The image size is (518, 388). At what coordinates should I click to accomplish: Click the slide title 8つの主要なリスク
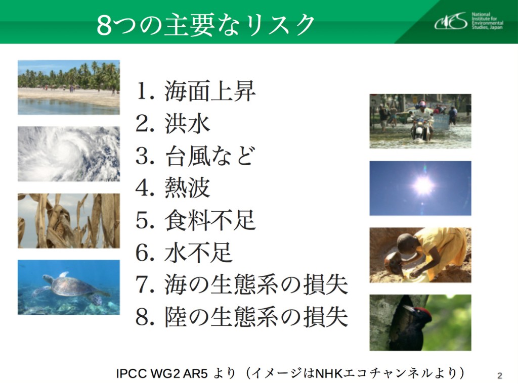coord(205,25)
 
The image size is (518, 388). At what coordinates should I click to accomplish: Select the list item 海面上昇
coord(210,91)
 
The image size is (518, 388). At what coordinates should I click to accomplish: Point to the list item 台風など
coord(210,156)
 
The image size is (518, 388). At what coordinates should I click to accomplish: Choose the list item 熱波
coord(187,188)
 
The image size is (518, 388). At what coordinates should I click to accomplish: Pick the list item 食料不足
coord(210,220)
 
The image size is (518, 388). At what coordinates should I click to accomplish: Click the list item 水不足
coord(199,253)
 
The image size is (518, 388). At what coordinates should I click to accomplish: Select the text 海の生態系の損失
coord(256,284)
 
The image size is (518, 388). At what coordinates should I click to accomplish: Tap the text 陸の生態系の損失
coord(256,317)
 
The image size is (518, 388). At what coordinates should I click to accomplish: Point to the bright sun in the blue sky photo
coord(423,185)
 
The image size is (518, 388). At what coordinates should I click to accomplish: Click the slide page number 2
coord(499,375)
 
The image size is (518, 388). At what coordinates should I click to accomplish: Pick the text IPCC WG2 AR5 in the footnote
coord(162,373)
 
